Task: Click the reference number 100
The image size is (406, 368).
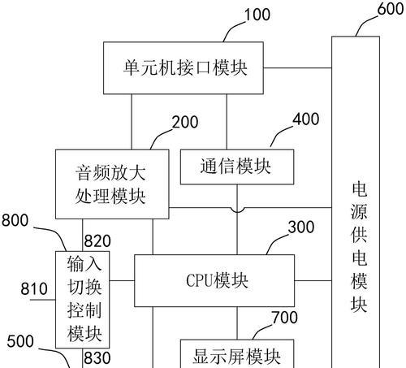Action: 257,15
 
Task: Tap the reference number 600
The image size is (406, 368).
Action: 391,8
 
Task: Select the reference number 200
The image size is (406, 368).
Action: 185,122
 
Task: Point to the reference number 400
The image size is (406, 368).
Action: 306,119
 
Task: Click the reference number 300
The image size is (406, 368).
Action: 301,227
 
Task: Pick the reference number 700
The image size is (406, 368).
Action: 285,318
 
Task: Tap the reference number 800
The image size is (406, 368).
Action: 15,220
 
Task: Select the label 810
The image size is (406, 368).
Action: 34,288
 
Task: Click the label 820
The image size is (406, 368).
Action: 97,241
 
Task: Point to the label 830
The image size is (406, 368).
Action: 97,358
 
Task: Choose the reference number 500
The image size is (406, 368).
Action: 20,341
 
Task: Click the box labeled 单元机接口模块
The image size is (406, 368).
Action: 184,68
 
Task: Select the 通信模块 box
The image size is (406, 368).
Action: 237,167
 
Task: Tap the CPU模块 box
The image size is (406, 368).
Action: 214,280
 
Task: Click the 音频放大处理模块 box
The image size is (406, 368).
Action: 112,184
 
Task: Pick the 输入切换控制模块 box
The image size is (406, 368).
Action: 83,300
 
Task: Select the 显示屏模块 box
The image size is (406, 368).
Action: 237,353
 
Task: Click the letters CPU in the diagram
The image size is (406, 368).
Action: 200,280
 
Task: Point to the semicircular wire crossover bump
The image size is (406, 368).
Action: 237,210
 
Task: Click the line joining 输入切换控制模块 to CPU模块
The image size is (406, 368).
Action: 122,280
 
